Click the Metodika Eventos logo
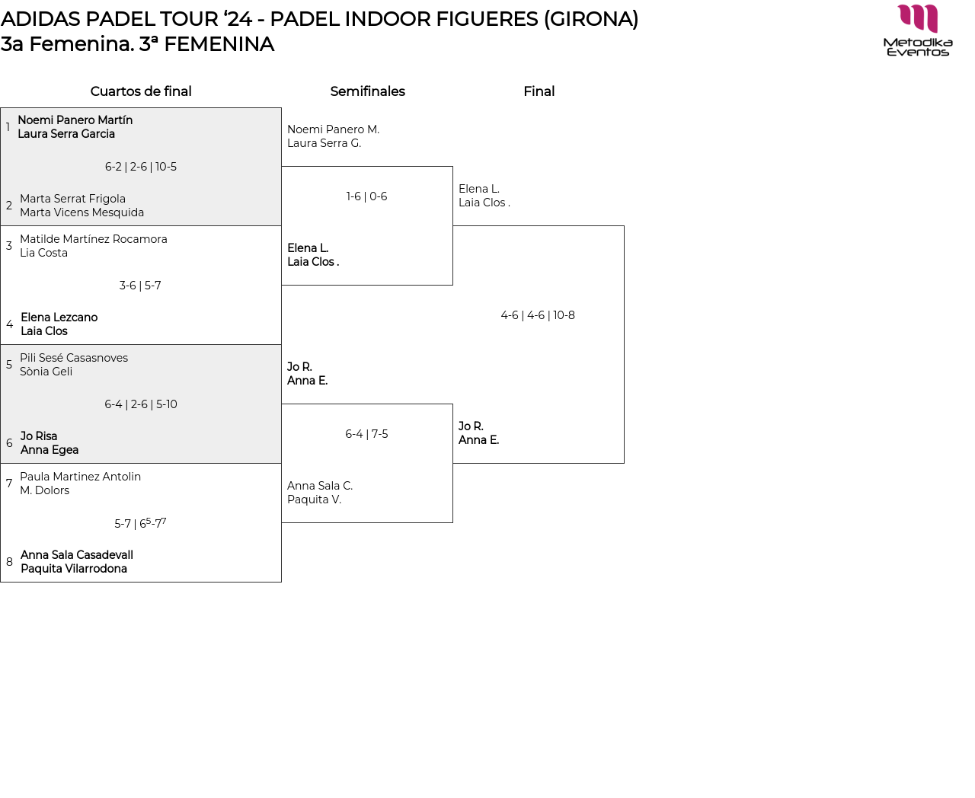pos(917,30)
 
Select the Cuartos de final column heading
pos(141,91)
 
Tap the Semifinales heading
pos(367,91)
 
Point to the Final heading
pos(539,91)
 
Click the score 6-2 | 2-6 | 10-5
pos(141,167)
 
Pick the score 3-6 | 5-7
pos(140,286)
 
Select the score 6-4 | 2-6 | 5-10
pos(141,404)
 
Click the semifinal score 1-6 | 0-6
pos(366,196)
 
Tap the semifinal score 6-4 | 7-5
pos(366,434)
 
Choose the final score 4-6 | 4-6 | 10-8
pos(538,315)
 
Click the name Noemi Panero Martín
pos(75,120)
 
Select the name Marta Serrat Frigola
pos(72,199)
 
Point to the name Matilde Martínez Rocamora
pos(93,239)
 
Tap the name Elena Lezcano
pos(59,318)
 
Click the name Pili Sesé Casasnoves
pos(74,358)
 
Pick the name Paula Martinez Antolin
pos(80,477)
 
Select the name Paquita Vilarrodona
pos(74,569)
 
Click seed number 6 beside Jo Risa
pos(9,443)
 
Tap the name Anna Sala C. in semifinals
pos(320,486)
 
